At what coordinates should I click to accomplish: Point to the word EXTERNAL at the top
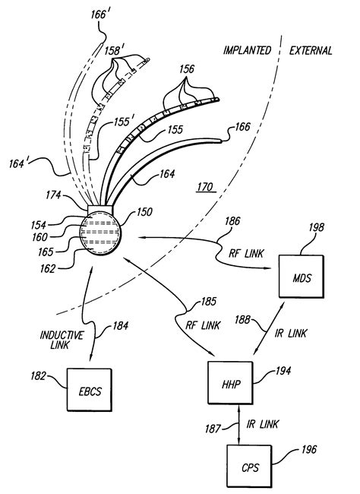(x=311, y=51)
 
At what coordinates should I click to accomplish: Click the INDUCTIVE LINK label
(x=58, y=340)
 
